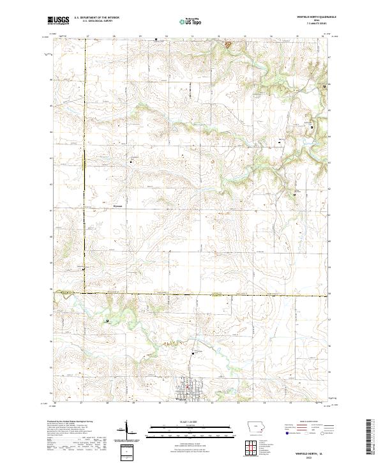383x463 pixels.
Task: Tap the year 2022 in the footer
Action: coord(312,457)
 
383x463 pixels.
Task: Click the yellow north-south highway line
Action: coord(84,192)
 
